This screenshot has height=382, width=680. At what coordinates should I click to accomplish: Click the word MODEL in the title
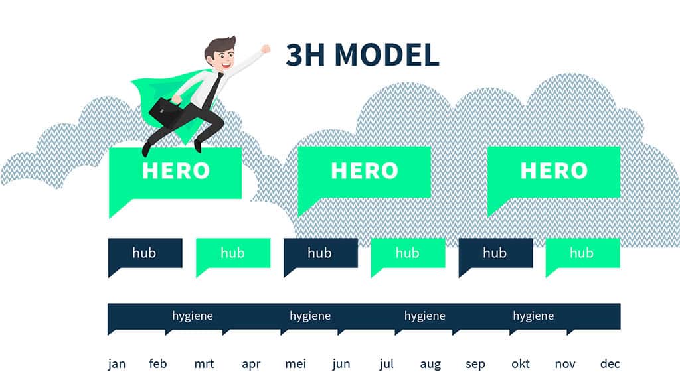point(387,55)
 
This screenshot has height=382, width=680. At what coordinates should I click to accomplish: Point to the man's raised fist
point(265,49)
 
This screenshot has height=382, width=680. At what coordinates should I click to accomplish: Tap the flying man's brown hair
point(219,46)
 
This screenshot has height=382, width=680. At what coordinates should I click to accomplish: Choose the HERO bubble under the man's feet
point(175,173)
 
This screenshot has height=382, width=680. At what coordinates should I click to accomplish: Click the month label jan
point(117,364)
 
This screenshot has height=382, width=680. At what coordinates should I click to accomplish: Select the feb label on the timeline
point(158,363)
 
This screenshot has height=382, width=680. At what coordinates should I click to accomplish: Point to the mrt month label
point(205,364)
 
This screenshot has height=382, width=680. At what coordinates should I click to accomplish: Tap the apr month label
point(251,365)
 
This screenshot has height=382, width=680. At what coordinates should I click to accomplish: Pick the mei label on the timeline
point(296,364)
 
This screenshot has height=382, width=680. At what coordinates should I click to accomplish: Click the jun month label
point(341,364)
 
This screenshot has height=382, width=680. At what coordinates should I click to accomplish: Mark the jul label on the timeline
point(386,364)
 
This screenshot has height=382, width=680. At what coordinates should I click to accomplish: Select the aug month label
point(430,365)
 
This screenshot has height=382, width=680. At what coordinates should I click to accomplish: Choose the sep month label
point(475,365)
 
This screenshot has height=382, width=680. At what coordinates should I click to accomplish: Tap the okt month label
point(521,363)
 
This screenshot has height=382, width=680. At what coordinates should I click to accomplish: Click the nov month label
point(565,364)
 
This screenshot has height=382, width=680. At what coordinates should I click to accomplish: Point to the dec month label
point(610,363)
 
